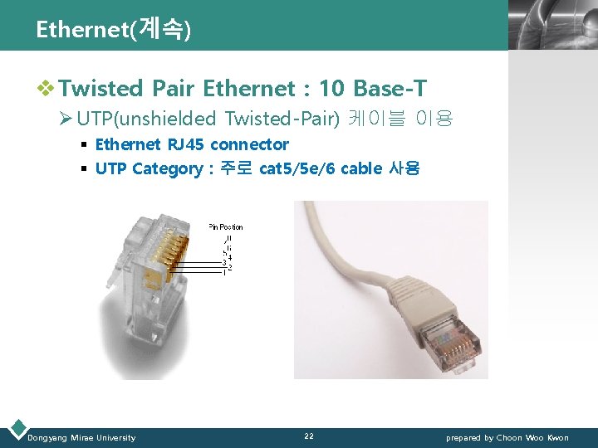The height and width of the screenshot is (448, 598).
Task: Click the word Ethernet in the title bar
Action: pyautogui.click(x=80, y=30)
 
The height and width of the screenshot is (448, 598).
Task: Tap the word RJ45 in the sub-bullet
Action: pyautogui.click(x=186, y=144)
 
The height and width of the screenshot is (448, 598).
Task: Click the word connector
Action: pyautogui.click(x=249, y=144)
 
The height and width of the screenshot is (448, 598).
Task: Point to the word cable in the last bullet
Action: pyautogui.click(x=361, y=169)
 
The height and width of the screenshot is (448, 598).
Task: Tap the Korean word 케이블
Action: pyautogui.click(x=375, y=119)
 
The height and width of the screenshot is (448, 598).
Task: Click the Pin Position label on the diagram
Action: pyautogui.click(x=225, y=226)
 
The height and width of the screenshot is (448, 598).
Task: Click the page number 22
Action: pyautogui.click(x=309, y=436)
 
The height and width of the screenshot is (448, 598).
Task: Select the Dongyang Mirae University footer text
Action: pyautogui.click(x=81, y=437)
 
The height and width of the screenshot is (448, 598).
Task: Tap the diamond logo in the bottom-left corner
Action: pyautogui.click(x=16, y=429)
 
